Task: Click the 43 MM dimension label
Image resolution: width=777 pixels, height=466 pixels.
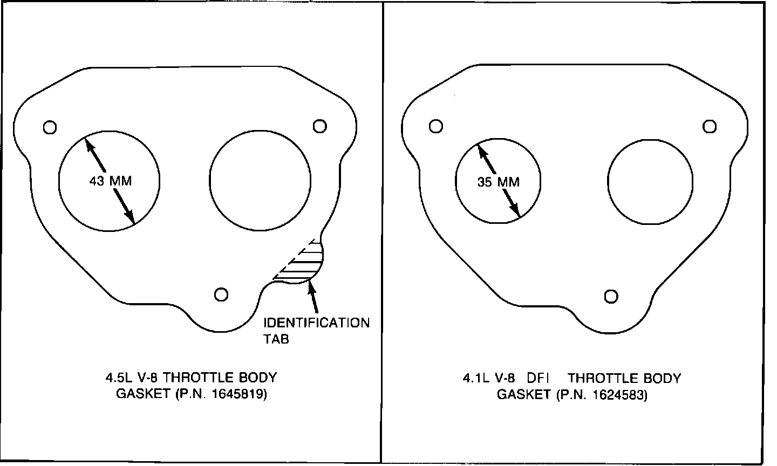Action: point(110,181)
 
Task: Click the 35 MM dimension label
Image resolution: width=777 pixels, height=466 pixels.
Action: point(499,182)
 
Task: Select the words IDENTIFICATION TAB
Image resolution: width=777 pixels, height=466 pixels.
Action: point(316,331)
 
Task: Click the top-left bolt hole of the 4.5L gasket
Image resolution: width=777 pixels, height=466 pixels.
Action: point(50,127)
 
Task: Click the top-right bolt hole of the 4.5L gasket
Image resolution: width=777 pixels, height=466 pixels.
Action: point(319,126)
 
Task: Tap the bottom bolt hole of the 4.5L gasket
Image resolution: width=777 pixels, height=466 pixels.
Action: point(221,294)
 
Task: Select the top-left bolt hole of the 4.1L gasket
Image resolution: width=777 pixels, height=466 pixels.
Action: point(436,126)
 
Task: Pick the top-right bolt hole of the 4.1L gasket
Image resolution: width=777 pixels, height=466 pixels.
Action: point(710,126)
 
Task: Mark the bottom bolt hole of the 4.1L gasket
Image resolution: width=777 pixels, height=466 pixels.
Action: point(611,296)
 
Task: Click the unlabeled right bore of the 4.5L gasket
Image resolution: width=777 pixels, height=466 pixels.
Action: point(260,181)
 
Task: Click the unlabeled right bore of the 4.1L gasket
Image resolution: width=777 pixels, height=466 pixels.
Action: point(650,181)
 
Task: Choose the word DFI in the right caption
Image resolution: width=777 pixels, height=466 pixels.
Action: point(538,378)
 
